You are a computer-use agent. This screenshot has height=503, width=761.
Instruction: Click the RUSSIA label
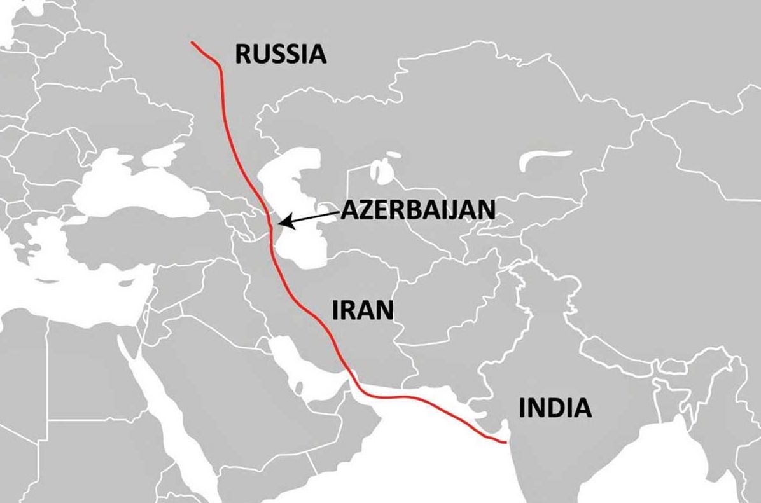[281, 54]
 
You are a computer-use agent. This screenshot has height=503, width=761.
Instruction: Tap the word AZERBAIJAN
[417, 210]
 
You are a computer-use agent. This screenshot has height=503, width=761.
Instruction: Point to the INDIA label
[555, 408]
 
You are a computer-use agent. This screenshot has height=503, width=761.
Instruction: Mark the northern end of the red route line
[192, 43]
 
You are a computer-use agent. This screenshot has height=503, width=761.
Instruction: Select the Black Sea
[146, 191]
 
